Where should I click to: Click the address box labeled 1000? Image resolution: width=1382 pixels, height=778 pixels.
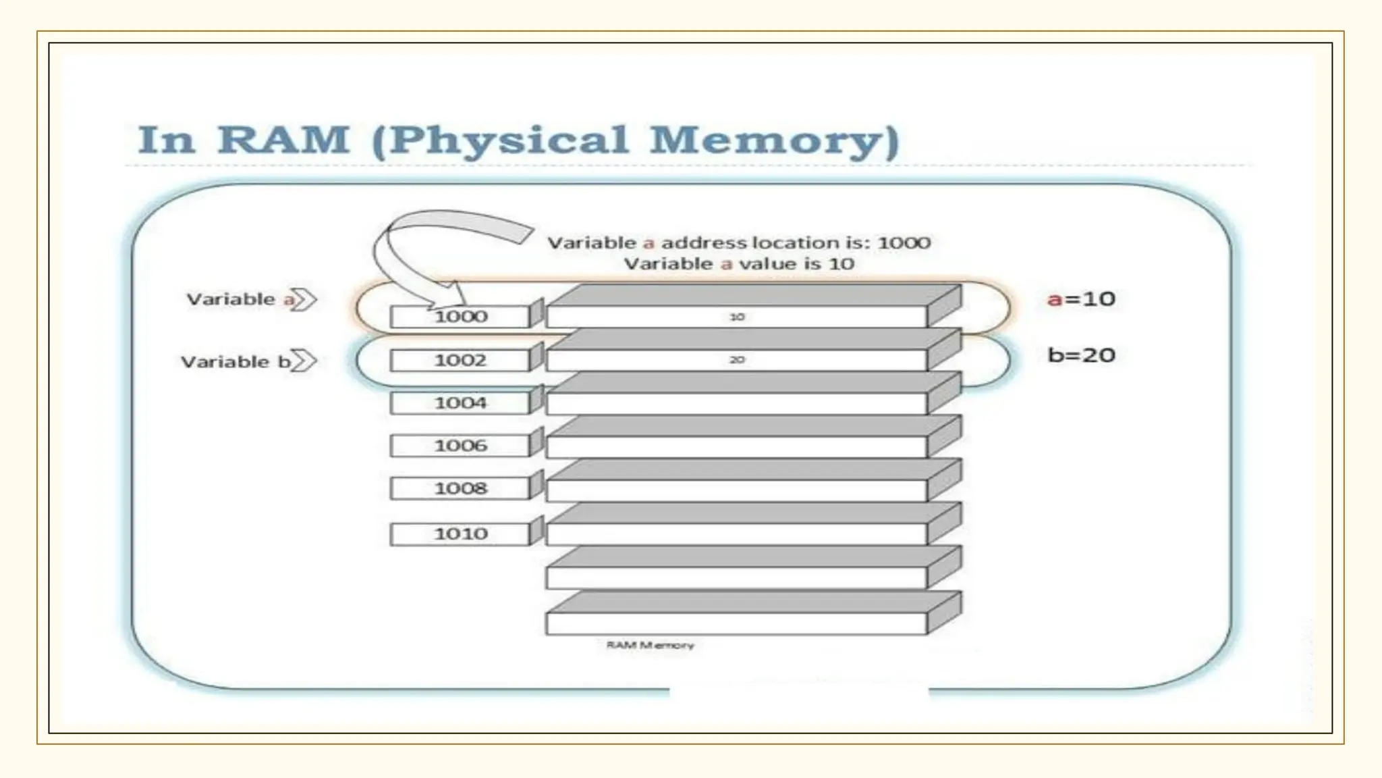pyautogui.click(x=460, y=317)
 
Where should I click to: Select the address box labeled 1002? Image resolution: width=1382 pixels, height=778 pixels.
pyautogui.click(x=460, y=360)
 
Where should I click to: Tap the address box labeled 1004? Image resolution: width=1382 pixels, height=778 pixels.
pyautogui.click(x=460, y=403)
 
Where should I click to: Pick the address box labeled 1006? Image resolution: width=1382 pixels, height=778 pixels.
pyautogui.click(x=460, y=446)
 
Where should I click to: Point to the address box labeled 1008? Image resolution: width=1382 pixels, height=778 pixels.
pyautogui.click(x=460, y=488)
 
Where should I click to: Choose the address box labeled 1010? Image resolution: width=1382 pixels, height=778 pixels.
pyautogui.click(x=460, y=534)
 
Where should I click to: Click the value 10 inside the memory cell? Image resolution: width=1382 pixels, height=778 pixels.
pyautogui.click(x=736, y=317)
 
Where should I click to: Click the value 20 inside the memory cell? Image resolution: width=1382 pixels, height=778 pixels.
pyautogui.click(x=736, y=360)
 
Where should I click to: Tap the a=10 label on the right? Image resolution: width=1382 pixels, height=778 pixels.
pyautogui.click(x=1081, y=299)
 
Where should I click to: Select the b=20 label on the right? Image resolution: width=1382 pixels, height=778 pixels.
pyautogui.click(x=1081, y=355)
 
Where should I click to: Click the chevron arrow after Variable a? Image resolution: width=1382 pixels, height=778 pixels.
pyautogui.click(x=305, y=299)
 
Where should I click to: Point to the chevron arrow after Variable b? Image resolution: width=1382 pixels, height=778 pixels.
pyautogui.click(x=305, y=361)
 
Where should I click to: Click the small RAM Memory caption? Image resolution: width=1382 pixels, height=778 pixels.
pyautogui.click(x=650, y=645)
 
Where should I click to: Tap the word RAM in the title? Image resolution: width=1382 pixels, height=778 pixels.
pyautogui.click(x=283, y=140)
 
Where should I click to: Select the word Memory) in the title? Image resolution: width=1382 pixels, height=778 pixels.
pyautogui.click(x=775, y=140)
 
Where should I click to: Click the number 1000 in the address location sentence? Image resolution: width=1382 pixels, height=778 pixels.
pyautogui.click(x=904, y=242)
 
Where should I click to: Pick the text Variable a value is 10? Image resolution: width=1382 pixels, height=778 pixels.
pyautogui.click(x=739, y=263)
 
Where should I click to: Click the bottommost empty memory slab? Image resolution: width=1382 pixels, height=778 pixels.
pyautogui.click(x=736, y=623)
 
